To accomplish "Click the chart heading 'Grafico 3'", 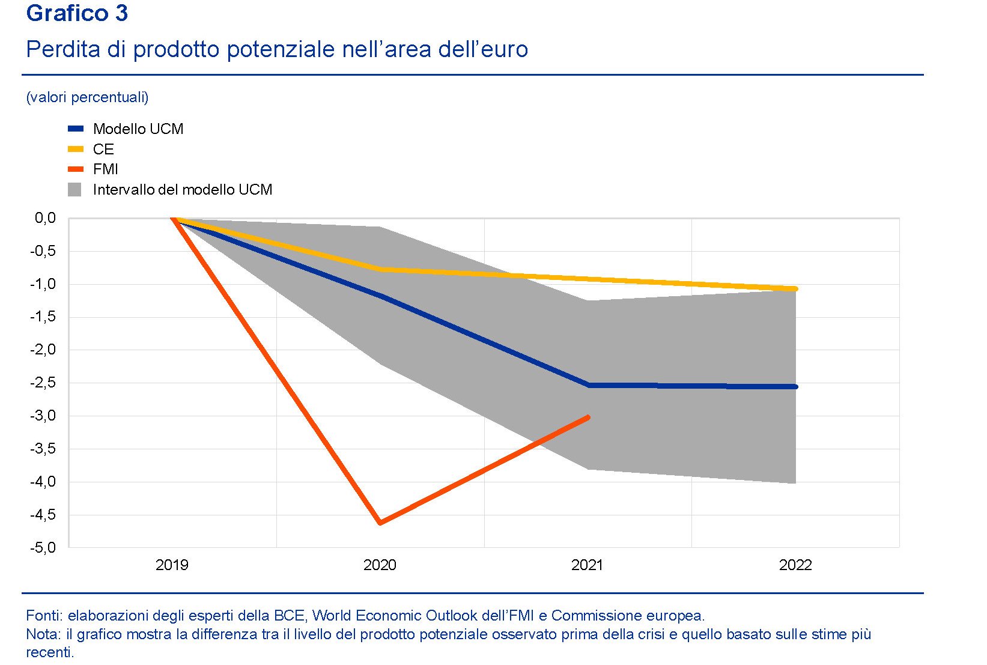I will tap(77, 13).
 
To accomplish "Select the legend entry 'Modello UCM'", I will tap(138, 129).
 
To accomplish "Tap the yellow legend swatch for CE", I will tap(76, 149).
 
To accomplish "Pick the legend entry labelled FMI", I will tap(105, 169).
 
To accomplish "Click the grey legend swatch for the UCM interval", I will tap(74, 190).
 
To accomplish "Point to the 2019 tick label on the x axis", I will tap(172, 565).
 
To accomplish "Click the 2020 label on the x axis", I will tap(380, 565).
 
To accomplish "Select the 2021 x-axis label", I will tap(587, 565).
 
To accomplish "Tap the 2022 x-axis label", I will tap(795, 565).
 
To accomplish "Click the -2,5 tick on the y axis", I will tap(43, 383).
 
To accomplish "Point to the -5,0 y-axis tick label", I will tap(43, 547).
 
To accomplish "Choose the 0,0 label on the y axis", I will tap(45, 218).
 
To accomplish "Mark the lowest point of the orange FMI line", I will tap(380, 523).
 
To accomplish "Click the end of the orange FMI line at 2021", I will tap(588, 417).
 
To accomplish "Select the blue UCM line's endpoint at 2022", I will tap(795, 387).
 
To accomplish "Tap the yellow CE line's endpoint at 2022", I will tap(795, 289).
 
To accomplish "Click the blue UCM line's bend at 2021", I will tap(589, 385).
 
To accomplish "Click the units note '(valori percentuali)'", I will tap(88, 97).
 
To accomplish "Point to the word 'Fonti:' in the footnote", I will tap(44, 616).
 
